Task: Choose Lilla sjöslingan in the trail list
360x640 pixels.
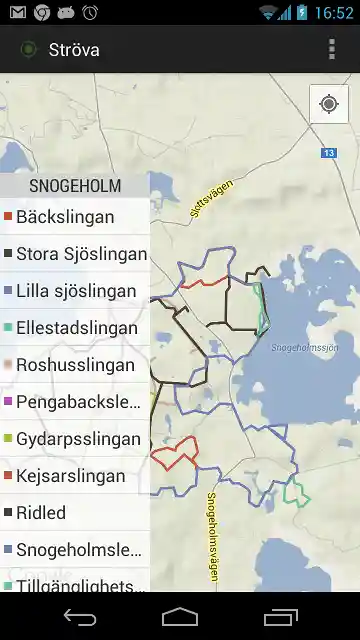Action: pos(75,291)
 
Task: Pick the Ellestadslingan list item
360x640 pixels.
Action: pos(75,328)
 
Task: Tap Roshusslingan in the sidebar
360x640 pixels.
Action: pos(75,365)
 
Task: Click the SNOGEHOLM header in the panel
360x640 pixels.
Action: pos(75,186)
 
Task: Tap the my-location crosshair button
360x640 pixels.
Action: pos(329,104)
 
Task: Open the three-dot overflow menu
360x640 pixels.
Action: pos(332,50)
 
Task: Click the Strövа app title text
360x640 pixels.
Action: pos(74,50)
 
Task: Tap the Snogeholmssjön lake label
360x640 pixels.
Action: pos(305,348)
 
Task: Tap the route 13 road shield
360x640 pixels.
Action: pos(329,153)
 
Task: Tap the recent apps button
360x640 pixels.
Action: pos(282,616)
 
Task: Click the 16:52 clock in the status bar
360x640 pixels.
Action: pos(333,12)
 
